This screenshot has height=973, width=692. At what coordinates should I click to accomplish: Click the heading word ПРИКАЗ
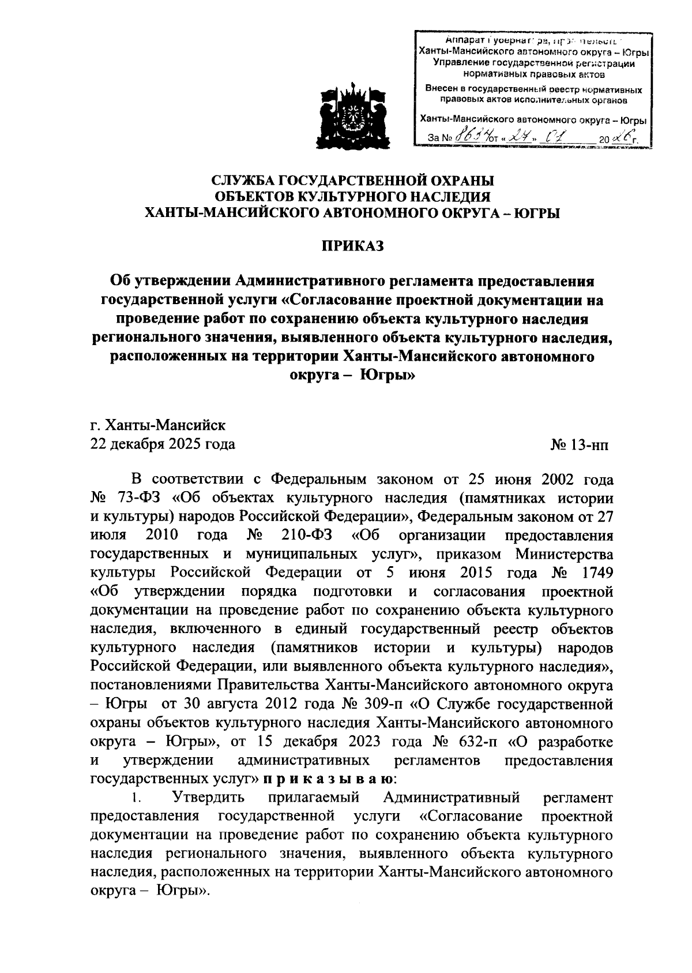pyautogui.click(x=352, y=246)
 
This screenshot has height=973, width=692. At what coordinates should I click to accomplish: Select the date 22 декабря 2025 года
pyautogui.click(x=163, y=444)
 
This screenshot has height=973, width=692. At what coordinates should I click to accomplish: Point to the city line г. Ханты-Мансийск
pyautogui.click(x=158, y=426)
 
